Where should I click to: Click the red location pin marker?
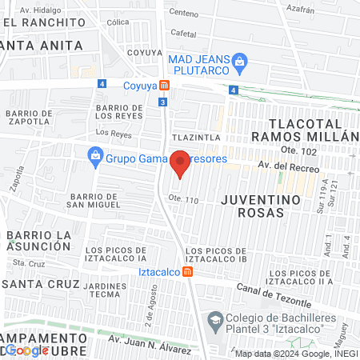(x=180, y=163)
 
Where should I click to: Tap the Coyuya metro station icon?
(x=164, y=86)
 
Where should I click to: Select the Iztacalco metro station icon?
(x=187, y=271)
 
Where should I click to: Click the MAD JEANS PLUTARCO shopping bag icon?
(x=238, y=61)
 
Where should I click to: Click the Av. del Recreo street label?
(x=289, y=168)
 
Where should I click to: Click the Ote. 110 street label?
(x=182, y=198)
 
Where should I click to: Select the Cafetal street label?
(x=183, y=34)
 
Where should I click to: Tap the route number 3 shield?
(x=162, y=102)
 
